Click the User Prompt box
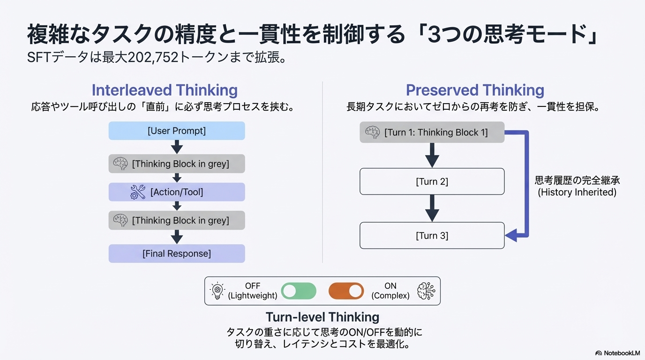pos(177,131)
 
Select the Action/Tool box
pos(177,192)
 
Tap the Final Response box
pos(177,254)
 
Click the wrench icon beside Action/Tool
pos(138,192)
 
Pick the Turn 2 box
pos(432,181)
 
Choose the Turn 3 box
pos(432,236)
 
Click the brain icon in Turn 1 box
pos(373,133)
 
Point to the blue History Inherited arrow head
pos(510,235)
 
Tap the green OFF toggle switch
pos(299,291)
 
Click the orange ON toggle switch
pos(346,291)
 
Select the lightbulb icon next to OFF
pos(217,291)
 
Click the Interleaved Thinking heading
pos(165,90)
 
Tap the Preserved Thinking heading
pos(475,90)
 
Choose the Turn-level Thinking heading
pos(322,317)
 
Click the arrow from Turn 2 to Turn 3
pos(432,208)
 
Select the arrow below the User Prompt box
pos(177,147)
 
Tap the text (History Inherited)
pos(577,192)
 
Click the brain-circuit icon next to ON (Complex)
pos(426,291)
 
